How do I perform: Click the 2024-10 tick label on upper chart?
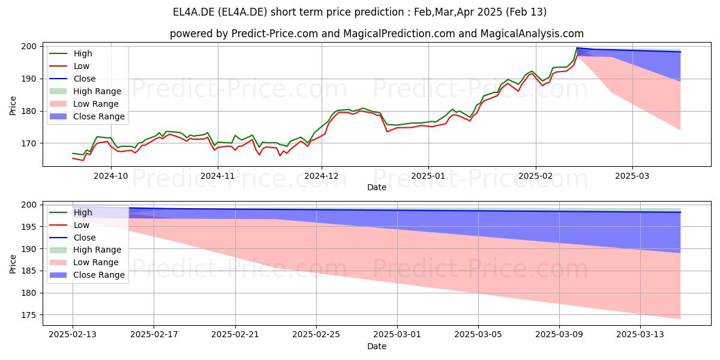[111, 176]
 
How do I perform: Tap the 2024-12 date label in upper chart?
[322, 176]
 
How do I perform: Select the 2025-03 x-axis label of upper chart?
[632, 176]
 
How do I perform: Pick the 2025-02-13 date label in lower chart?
[73, 335]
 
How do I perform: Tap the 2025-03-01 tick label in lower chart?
[397, 335]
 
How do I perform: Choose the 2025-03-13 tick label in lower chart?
[640, 335]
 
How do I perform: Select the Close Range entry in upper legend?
[87, 116]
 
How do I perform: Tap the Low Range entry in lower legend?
[84, 262]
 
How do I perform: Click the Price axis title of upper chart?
[13, 106]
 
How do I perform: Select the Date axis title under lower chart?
[377, 346]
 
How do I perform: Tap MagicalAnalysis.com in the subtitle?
[532, 34]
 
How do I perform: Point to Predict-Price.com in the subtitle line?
[275, 34]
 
